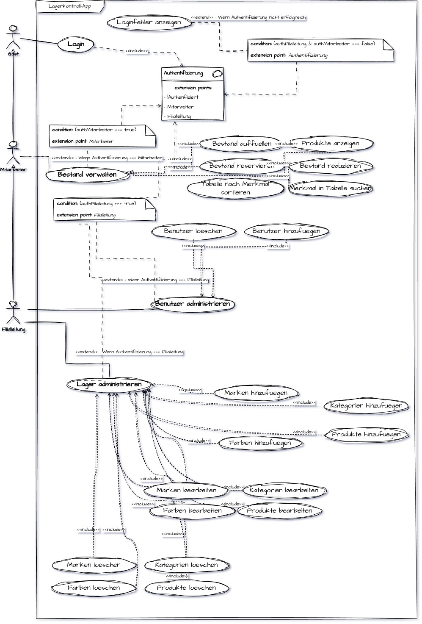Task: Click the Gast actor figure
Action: tap(13, 37)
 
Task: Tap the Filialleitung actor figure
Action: tap(13, 312)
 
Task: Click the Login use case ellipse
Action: tap(76, 44)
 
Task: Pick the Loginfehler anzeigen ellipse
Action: tap(149, 22)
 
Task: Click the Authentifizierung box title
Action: tap(184, 73)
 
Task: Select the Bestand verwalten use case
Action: tap(87, 175)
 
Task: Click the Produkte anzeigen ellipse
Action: tap(330, 144)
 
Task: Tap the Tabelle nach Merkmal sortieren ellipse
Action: tap(235, 188)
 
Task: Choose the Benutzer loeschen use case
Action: tap(193, 231)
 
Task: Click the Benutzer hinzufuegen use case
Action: tap(286, 231)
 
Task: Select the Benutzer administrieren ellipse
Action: tap(193, 304)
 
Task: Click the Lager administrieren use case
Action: tap(109, 385)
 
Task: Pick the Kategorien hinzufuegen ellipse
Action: tap(366, 406)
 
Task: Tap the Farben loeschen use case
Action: tap(94, 588)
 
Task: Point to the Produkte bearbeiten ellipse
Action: tap(279, 511)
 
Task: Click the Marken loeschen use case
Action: tap(94, 565)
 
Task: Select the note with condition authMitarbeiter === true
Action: tap(102, 136)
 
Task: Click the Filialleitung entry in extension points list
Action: tap(179, 116)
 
